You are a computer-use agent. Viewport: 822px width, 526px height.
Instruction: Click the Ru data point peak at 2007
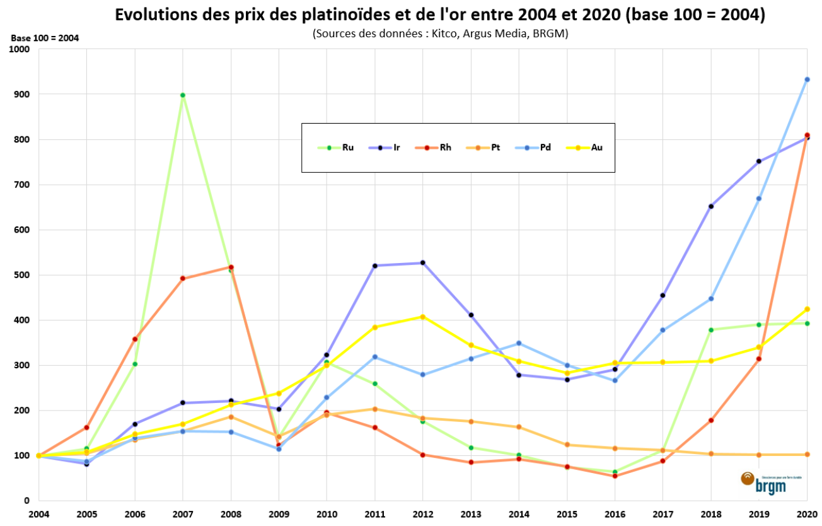point(183,95)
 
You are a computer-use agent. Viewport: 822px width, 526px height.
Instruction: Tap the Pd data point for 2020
point(807,79)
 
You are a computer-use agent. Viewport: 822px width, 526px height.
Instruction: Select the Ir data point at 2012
point(423,263)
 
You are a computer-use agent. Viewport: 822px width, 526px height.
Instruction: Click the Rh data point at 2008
point(231,267)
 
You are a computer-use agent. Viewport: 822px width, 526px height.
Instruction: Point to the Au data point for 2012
point(423,317)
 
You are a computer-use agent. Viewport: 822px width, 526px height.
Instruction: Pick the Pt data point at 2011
point(375,409)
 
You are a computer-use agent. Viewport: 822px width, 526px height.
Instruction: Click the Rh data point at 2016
point(615,476)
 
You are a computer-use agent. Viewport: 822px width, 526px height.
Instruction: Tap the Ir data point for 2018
point(711,206)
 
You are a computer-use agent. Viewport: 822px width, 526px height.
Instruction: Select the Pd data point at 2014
point(519,343)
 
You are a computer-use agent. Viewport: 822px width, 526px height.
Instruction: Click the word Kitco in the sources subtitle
point(444,34)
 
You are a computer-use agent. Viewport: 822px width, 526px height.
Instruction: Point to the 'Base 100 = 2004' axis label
point(45,38)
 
